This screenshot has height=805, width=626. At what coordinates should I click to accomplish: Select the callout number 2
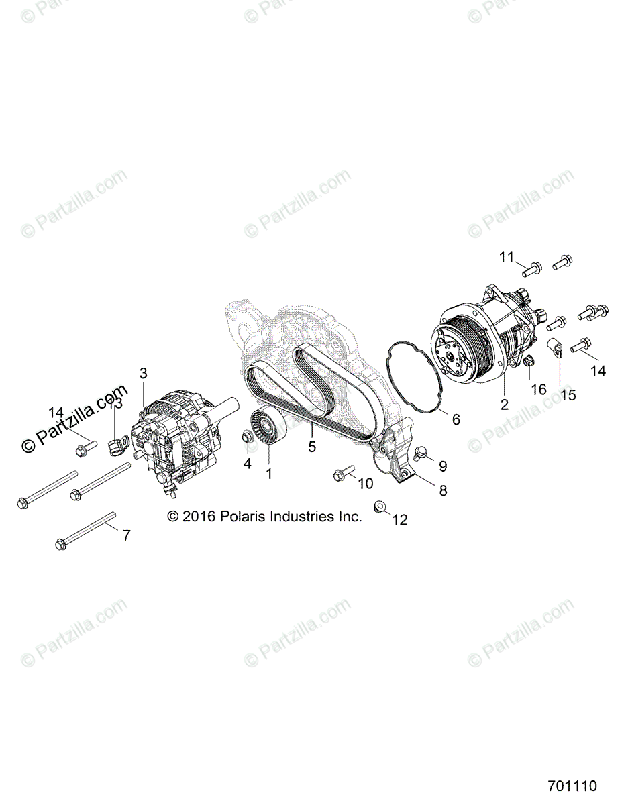click(503, 405)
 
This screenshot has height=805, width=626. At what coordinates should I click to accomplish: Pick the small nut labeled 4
click(248, 439)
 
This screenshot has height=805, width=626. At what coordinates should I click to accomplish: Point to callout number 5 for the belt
click(312, 447)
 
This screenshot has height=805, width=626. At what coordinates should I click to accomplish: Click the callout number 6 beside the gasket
click(456, 420)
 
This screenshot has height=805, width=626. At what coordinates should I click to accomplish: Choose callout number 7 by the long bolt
click(125, 535)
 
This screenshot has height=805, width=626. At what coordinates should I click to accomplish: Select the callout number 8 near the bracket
click(443, 491)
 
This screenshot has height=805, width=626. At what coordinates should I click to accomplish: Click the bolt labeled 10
click(342, 476)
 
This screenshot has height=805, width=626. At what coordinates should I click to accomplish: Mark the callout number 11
click(506, 257)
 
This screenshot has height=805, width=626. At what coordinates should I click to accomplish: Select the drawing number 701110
click(572, 786)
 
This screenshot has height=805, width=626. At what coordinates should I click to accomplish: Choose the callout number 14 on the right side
click(598, 370)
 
